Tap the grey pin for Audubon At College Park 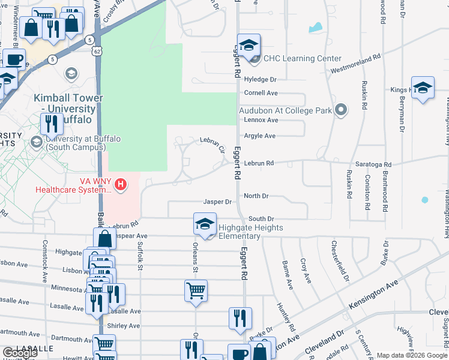342,110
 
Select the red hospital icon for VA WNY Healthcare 121,184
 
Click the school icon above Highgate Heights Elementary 205,224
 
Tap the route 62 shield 97,51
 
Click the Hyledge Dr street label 260,79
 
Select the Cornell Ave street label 261,93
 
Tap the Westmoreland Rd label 356,65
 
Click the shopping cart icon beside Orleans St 196,291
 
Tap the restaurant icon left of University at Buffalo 52,124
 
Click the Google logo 20,353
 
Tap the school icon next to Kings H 423,88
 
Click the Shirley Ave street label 122,326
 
